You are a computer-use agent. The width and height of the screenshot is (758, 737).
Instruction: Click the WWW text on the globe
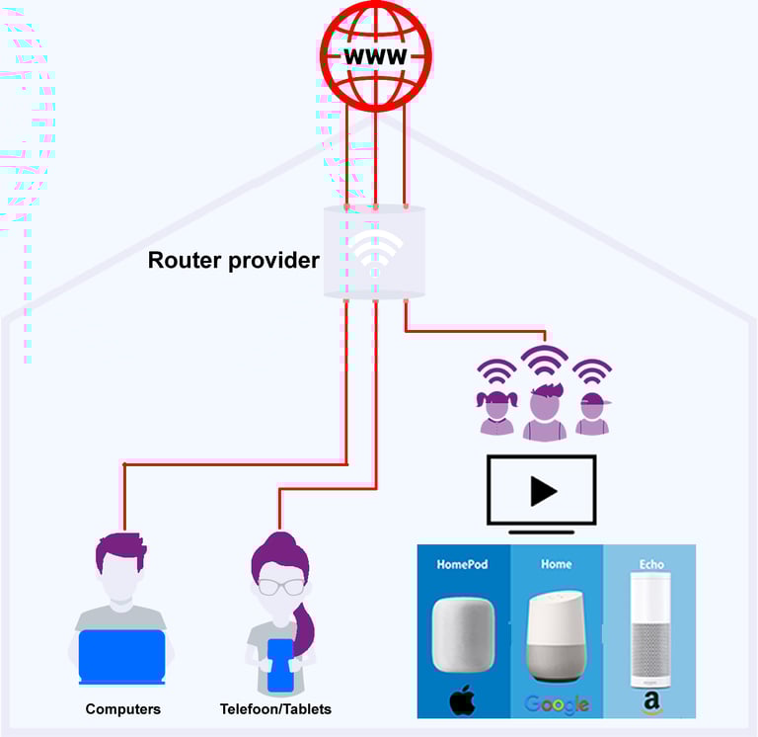click(x=375, y=55)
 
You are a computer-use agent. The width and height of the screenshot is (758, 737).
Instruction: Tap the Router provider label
click(x=233, y=261)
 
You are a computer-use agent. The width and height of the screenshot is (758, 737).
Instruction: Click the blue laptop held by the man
click(x=121, y=656)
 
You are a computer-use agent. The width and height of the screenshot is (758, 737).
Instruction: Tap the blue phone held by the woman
click(x=280, y=664)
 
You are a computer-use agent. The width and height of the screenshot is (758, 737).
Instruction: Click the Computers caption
click(x=122, y=709)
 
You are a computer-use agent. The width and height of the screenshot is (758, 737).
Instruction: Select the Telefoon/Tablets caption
click(x=275, y=709)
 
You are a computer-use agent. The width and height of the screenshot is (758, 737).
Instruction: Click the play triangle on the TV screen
click(x=542, y=491)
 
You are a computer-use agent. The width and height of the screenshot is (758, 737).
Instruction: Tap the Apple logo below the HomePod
click(x=463, y=700)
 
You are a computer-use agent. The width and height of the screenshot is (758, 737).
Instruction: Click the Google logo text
click(x=557, y=703)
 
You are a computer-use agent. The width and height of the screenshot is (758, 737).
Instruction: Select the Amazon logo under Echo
click(x=651, y=702)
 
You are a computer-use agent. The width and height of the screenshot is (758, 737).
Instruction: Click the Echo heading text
click(x=651, y=564)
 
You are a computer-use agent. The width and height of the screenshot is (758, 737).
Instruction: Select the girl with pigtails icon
click(x=496, y=412)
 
